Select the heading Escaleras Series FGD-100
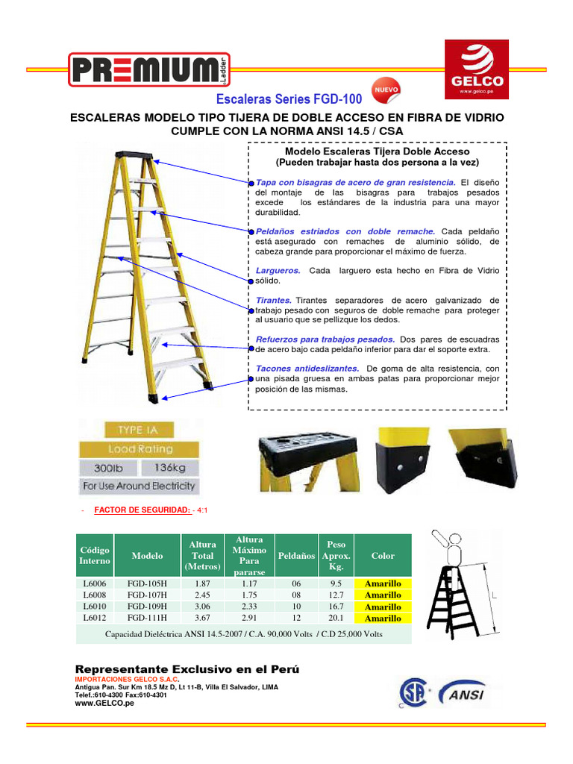click(289, 99)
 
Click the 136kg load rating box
click(167, 468)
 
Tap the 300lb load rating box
click(109, 468)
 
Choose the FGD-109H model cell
click(147, 607)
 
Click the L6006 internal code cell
click(95, 583)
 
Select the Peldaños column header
click(296, 556)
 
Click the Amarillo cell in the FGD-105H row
click(383, 583)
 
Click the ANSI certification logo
click(463, 693)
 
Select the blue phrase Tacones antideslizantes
click(307, 369)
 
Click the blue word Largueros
click(278, 270)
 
